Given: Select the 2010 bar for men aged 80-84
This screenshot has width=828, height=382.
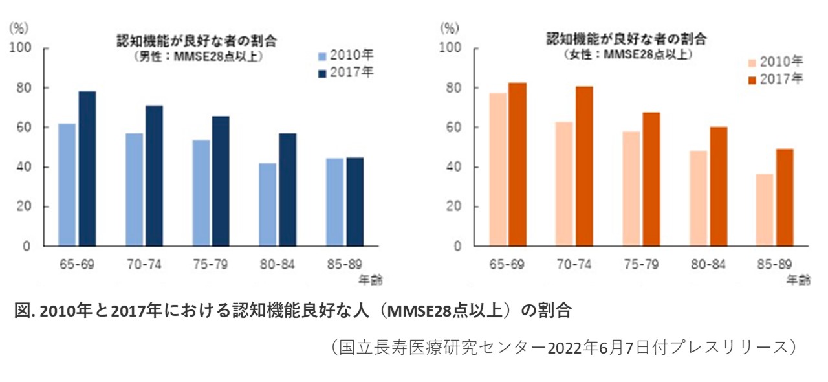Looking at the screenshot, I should point(267,205).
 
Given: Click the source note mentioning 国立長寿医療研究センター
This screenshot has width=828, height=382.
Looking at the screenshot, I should point(561,346).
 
